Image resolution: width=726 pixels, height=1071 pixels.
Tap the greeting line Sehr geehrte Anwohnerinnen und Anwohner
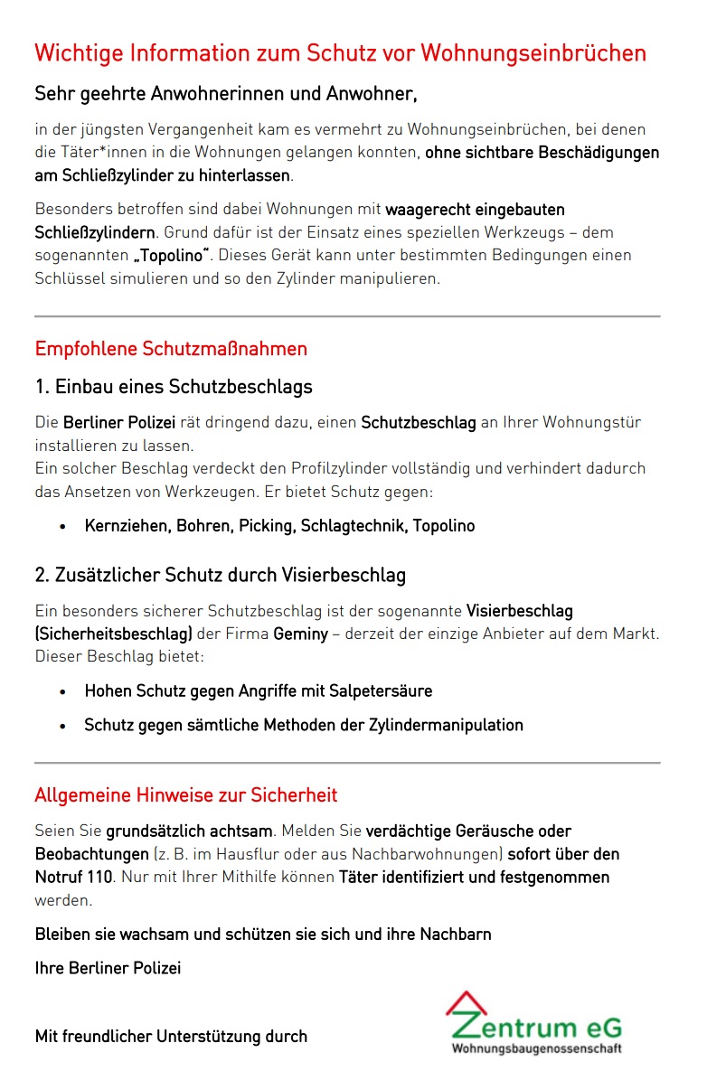pos(225,93)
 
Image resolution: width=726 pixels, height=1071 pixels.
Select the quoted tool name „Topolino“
pos(169,256)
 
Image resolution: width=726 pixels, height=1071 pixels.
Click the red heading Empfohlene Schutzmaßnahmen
pos(171,349)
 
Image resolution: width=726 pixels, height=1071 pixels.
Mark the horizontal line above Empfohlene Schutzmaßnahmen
pos(347,316)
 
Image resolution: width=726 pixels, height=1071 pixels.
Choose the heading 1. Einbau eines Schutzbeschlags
pos(174,387)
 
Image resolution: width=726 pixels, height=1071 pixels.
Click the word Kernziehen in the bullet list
pos(126,526)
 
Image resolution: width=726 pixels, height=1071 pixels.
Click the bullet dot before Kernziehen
pos(62,527)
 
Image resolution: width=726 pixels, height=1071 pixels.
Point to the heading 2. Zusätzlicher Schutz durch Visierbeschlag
pos(220,575)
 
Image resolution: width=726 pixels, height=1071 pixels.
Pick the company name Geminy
pos(300,634)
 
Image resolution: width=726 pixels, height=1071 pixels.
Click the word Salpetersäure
pos(377,691)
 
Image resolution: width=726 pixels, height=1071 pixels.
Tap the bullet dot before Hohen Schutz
pos(62,692)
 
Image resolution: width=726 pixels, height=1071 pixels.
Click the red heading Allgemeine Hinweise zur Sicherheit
pos(185,795)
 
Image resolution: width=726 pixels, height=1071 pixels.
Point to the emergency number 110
pos(99,877)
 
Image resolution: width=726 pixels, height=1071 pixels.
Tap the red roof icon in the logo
pos(466,1003)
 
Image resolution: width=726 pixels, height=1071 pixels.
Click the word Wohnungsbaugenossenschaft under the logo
pos(536,1048)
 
